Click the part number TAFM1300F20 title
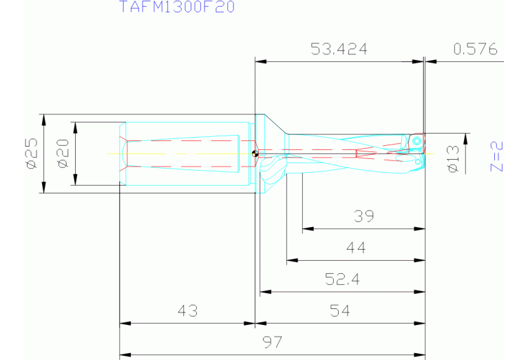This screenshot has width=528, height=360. (x=177, y=8)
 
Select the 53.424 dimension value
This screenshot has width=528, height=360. (x=339, y=49)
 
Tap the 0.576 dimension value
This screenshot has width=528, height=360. (x=475, y=49)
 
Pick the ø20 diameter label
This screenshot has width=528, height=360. (x=62, y=153)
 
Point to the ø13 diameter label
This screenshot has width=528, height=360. (x=453, y=159)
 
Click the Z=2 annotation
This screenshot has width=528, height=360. (x=497, y=156)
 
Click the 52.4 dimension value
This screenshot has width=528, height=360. (x=342, y=279)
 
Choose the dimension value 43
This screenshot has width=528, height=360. (x=187, y=311)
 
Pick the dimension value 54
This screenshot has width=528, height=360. (x=340, y=311)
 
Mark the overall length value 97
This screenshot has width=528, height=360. (x=273, y=342)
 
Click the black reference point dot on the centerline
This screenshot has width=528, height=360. (x=255, y=153)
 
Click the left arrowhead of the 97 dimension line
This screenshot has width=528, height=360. (x=124, y=355)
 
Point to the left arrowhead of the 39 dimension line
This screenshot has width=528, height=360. (x=306, y=229)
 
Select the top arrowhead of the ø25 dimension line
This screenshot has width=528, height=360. (x=43, y=118)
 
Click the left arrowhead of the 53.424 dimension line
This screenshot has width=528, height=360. (x=260, y=61)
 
